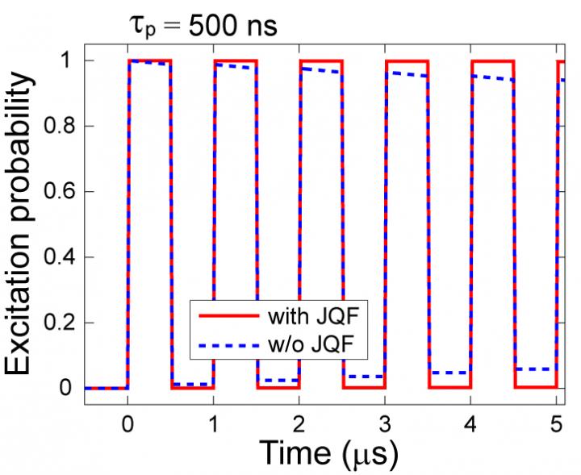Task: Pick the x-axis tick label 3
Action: click(385, 421)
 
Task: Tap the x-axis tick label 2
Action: click(299, 421)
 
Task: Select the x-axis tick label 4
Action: click(471, 421)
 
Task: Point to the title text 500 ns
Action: click(233, 27)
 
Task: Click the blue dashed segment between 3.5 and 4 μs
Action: click(449, 373)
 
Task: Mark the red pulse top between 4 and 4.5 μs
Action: click(492, 60)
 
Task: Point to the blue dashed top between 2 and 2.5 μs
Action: click(320, 71)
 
